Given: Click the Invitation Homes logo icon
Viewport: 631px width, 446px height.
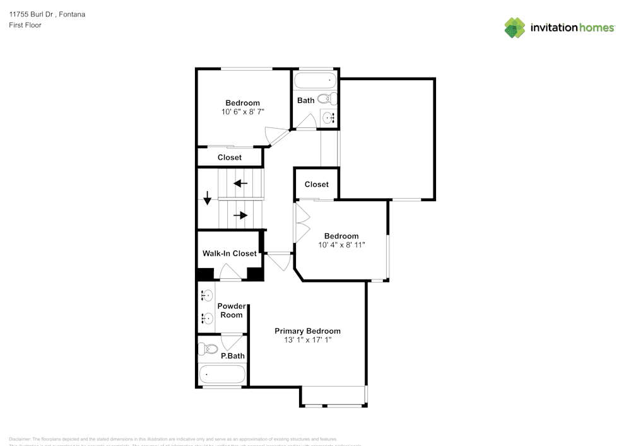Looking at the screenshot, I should pyautogui.click(x=515, y=28).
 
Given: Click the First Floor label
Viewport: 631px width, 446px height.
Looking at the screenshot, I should pyautogui.click(x=25, y=25).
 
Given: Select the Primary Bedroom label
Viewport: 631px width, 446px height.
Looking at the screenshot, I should pyautogui.click(x=307, y=331).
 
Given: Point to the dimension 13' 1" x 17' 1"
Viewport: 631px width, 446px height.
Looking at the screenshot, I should pyautogui.click(x=307, y=340).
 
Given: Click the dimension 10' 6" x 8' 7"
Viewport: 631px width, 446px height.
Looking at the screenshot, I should pyautogui.click(x=242, y=112).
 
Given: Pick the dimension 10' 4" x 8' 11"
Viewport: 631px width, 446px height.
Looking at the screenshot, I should pyautogui.click(x=341, y=245).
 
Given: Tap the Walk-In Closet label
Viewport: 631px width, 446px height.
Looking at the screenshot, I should pyautogui.click(x=229, y=254).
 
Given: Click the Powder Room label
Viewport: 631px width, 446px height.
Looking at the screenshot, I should pyautogui.click(x=231, y=310).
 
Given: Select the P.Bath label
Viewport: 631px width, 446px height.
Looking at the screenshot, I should pyautogui.click(x=232, y=356).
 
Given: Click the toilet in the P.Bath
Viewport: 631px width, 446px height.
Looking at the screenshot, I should pyautogui.click(x=208, y=349).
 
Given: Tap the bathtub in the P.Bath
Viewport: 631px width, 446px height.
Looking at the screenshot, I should pyautogui.click(x=221, y=374).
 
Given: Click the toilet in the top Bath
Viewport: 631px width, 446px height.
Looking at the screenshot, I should pyautogui.click(x=327, y=99).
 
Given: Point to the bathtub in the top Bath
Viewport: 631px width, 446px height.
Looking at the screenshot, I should pyautogui.click(x=315, y=81).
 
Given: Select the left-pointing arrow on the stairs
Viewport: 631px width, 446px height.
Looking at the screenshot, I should pyautogui.click(x=240, y=184).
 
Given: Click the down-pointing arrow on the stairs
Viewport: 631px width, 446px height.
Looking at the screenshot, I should pyautogui.click(x=207, y=198).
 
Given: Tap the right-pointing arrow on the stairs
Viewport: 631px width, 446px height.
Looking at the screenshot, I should pyautogui.click(x=240, y=215).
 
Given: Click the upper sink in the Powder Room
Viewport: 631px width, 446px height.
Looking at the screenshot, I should pyautogui.click(x=206, y=295).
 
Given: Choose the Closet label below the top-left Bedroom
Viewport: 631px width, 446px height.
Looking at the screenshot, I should pyautogui.click(x=229, y=157).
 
